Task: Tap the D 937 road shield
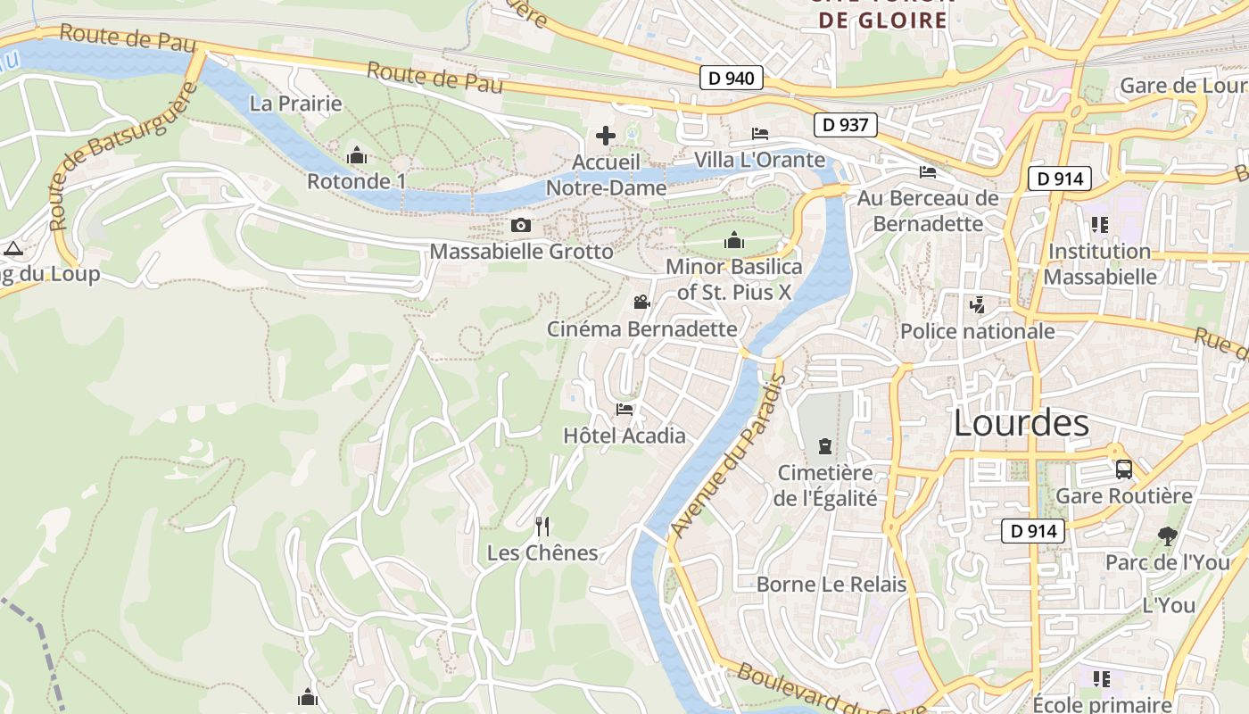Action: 845,125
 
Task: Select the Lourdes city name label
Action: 1022,423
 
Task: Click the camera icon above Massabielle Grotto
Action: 521,226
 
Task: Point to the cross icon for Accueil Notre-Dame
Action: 606,136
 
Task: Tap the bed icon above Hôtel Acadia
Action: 624,410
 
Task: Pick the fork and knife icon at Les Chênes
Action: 542,527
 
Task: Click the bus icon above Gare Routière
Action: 1124,469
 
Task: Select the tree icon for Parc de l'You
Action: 1167,536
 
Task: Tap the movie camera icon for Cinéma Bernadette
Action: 641,303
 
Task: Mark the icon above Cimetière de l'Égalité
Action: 825,445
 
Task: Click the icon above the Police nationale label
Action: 977,305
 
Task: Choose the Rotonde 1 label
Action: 356,181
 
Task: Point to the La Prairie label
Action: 296,104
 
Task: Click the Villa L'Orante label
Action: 760,160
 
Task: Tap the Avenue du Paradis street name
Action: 728,456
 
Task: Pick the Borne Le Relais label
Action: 831,585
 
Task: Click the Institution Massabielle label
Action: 1099,264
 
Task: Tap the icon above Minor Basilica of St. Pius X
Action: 734,240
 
